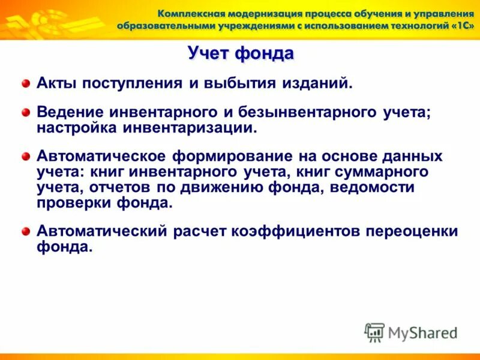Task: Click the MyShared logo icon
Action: click(374, 332)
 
